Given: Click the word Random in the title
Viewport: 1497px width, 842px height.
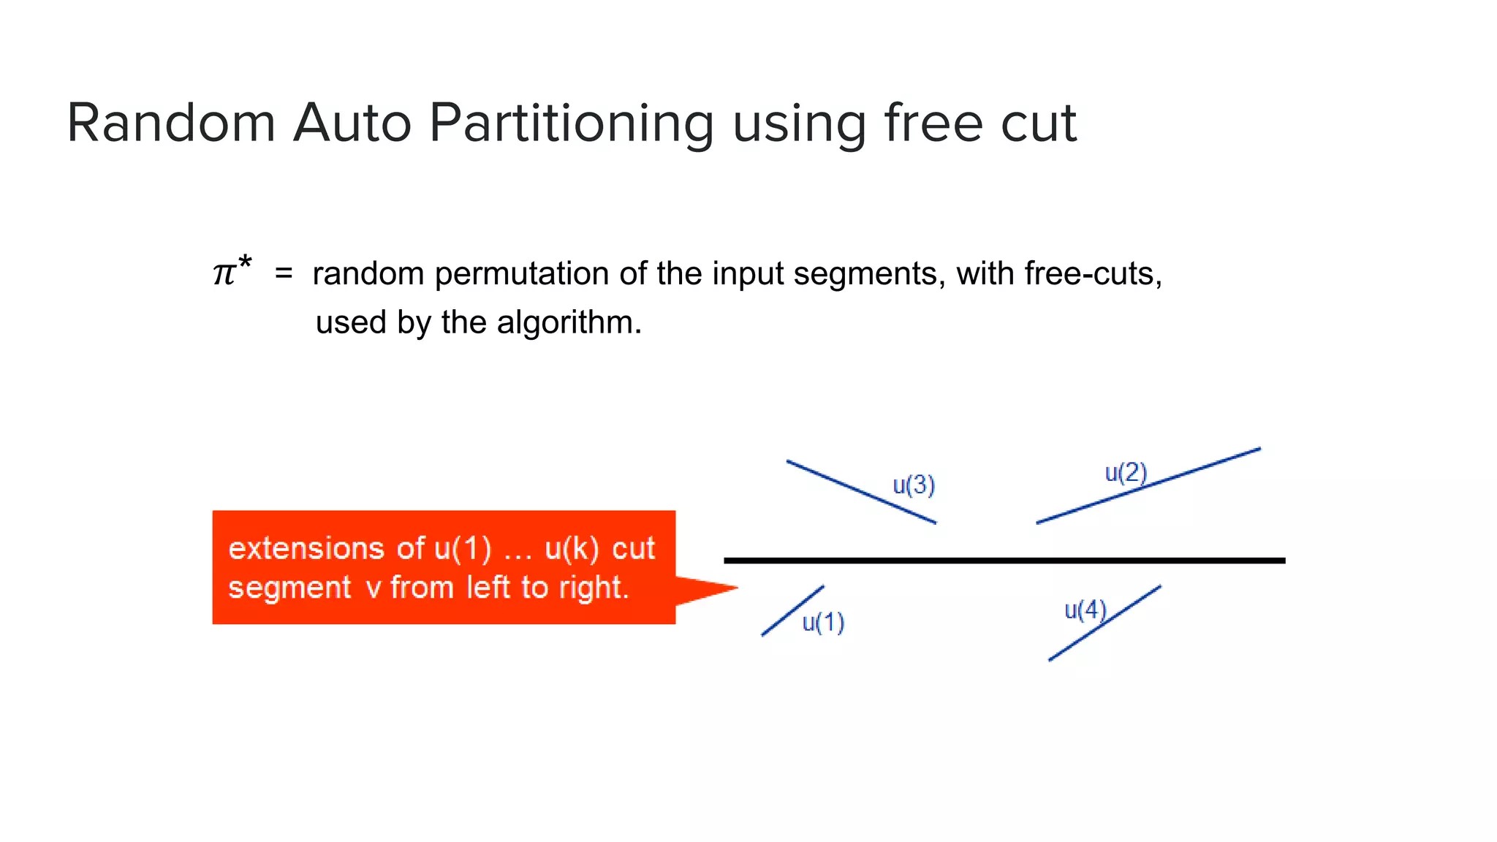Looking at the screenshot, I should pyautogui.click(x=171, y=123).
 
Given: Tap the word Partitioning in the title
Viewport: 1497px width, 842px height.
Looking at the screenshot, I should pyautogui.click(x=572, y=123).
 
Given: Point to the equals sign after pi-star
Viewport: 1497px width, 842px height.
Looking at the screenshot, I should pyautogui.click(x=284, y=274).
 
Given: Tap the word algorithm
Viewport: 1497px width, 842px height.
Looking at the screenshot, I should pyautogui.click(x=569, y=322).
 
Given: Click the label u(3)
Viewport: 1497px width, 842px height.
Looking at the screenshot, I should pyautogui.click(x=914, y=485).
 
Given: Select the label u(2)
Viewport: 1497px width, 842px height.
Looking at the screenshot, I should pyautogui.click(x=1126, y=473).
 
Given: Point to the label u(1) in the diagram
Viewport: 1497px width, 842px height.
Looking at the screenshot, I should pyautogui.click(x=823, y=623).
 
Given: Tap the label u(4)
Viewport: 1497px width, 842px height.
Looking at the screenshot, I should pyautogui.click(x=1085, y=610).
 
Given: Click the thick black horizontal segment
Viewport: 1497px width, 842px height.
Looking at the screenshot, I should pyautogui.click(x=1004, y=561).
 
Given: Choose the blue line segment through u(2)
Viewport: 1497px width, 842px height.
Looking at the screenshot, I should pyautogui.click(x=1199, y=469).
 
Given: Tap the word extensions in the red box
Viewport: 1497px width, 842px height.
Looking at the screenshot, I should pyautogui.click(x=306, y=548).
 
